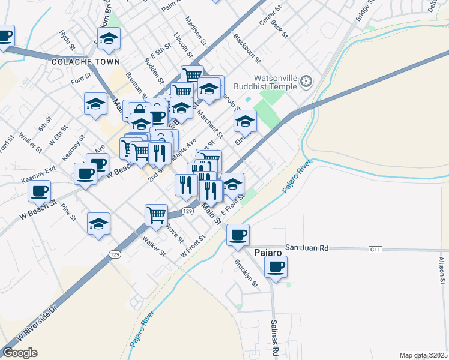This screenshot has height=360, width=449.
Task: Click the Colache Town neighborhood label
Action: [x=86, y=62]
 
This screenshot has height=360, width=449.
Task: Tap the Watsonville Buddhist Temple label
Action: [x=275, y=82]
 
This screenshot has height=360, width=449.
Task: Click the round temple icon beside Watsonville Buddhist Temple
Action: [x=307, y=81]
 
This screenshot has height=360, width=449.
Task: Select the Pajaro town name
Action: [x=268, y=252]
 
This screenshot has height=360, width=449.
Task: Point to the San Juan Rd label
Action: [x=307, y=247]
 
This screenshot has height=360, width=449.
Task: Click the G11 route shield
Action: [x=376, y=248]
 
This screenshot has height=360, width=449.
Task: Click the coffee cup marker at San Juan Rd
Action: [x=238, y=235]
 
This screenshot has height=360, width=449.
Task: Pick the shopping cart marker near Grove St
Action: [x=156, y=214]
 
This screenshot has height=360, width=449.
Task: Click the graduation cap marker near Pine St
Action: [x=98, y=224]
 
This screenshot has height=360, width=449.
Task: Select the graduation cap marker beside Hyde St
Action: [x=108, y=40]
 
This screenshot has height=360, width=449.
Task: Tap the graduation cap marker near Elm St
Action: [x=244, y=122]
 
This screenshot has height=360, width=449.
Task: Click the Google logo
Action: [x=20, y=353]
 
